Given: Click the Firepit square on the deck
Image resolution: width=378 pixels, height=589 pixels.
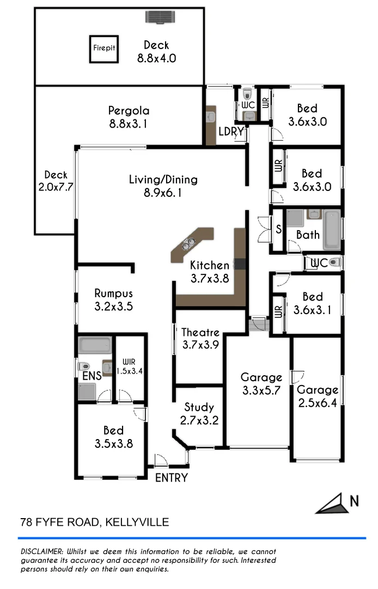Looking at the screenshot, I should [103, 47].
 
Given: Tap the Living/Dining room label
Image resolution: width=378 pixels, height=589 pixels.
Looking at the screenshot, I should [163, 185].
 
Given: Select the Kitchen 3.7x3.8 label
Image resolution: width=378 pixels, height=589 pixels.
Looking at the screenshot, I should [209, 272].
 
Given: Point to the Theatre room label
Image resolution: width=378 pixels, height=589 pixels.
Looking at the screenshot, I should [200, 338].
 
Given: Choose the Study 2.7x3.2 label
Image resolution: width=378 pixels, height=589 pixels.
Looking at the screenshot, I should [199, 413].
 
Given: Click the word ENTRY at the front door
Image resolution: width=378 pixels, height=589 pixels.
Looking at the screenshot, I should [172, 478].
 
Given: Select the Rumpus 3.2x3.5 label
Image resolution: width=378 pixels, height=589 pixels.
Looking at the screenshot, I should [113, 299].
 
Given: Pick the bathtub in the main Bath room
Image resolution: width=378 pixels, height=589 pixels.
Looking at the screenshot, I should [331, 230].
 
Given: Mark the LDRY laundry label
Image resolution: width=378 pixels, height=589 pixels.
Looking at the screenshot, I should [230, 131].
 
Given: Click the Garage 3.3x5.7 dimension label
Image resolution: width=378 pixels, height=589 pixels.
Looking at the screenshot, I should [261, 383].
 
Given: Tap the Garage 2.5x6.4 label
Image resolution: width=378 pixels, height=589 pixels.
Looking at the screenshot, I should [317, 396].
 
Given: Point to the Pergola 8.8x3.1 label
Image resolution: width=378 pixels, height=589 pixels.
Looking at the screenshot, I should [129, 117].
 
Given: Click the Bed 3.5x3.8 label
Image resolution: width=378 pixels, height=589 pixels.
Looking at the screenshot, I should [113, 437].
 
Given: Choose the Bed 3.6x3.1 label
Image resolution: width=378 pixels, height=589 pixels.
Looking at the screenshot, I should [312, 303].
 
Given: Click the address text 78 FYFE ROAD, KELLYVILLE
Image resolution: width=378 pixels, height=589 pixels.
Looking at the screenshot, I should [94, 522].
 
